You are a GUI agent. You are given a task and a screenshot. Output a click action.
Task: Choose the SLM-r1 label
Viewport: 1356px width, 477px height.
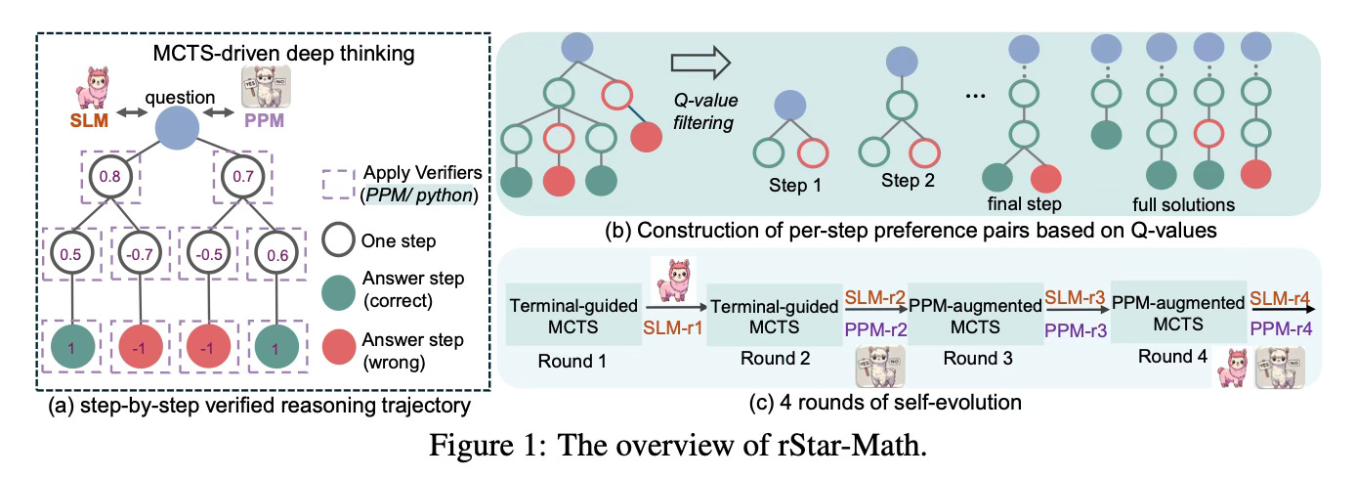(672, 327)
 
